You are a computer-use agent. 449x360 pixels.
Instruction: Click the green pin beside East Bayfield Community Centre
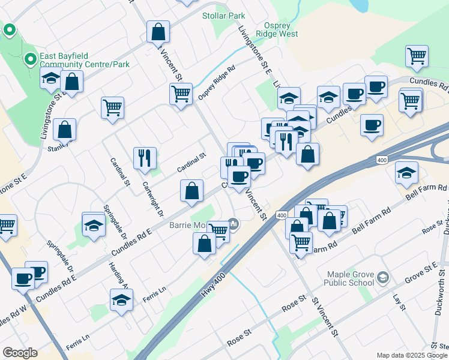[29, 59]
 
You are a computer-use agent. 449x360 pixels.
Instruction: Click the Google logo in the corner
[20, 353]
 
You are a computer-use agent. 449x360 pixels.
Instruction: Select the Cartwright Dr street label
[152, 197]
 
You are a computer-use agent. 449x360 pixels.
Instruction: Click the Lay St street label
[398, 302]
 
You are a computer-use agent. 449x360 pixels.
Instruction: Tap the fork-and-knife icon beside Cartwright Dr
[145, 158]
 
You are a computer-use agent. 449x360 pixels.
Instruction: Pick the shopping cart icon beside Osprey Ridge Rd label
[180, 94]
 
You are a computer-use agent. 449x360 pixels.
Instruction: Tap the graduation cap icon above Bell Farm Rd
[406, 173]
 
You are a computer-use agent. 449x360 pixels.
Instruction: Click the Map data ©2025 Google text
[412, 355]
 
